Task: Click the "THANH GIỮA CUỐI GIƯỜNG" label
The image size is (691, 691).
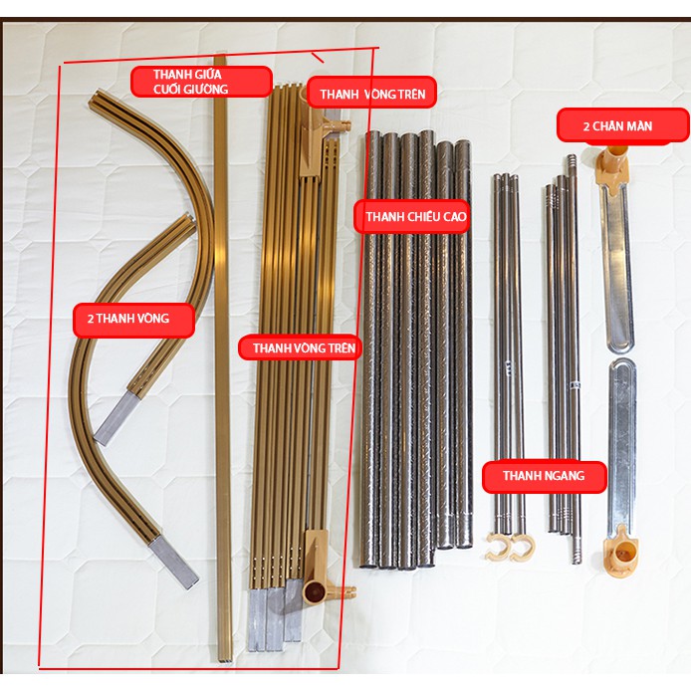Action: point(201,82)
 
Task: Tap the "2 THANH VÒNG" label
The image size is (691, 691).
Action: point(133,320)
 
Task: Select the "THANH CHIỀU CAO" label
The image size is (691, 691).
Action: point(411,216)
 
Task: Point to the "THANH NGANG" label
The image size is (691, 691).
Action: point(545,476)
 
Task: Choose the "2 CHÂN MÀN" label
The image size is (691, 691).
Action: point(622,126)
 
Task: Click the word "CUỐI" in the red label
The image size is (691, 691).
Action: point(166,90)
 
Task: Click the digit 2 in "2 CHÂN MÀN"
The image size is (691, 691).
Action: point(586,126)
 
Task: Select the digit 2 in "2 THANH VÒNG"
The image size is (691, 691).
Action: point(91,319)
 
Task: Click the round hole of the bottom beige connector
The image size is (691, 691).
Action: point(313,589)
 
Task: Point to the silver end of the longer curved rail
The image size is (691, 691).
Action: point(173,564)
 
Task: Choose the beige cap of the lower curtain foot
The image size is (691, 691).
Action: point(621,552)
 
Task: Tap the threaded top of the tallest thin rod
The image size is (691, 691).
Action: point(572,165)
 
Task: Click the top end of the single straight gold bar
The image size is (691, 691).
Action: point(221,58)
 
